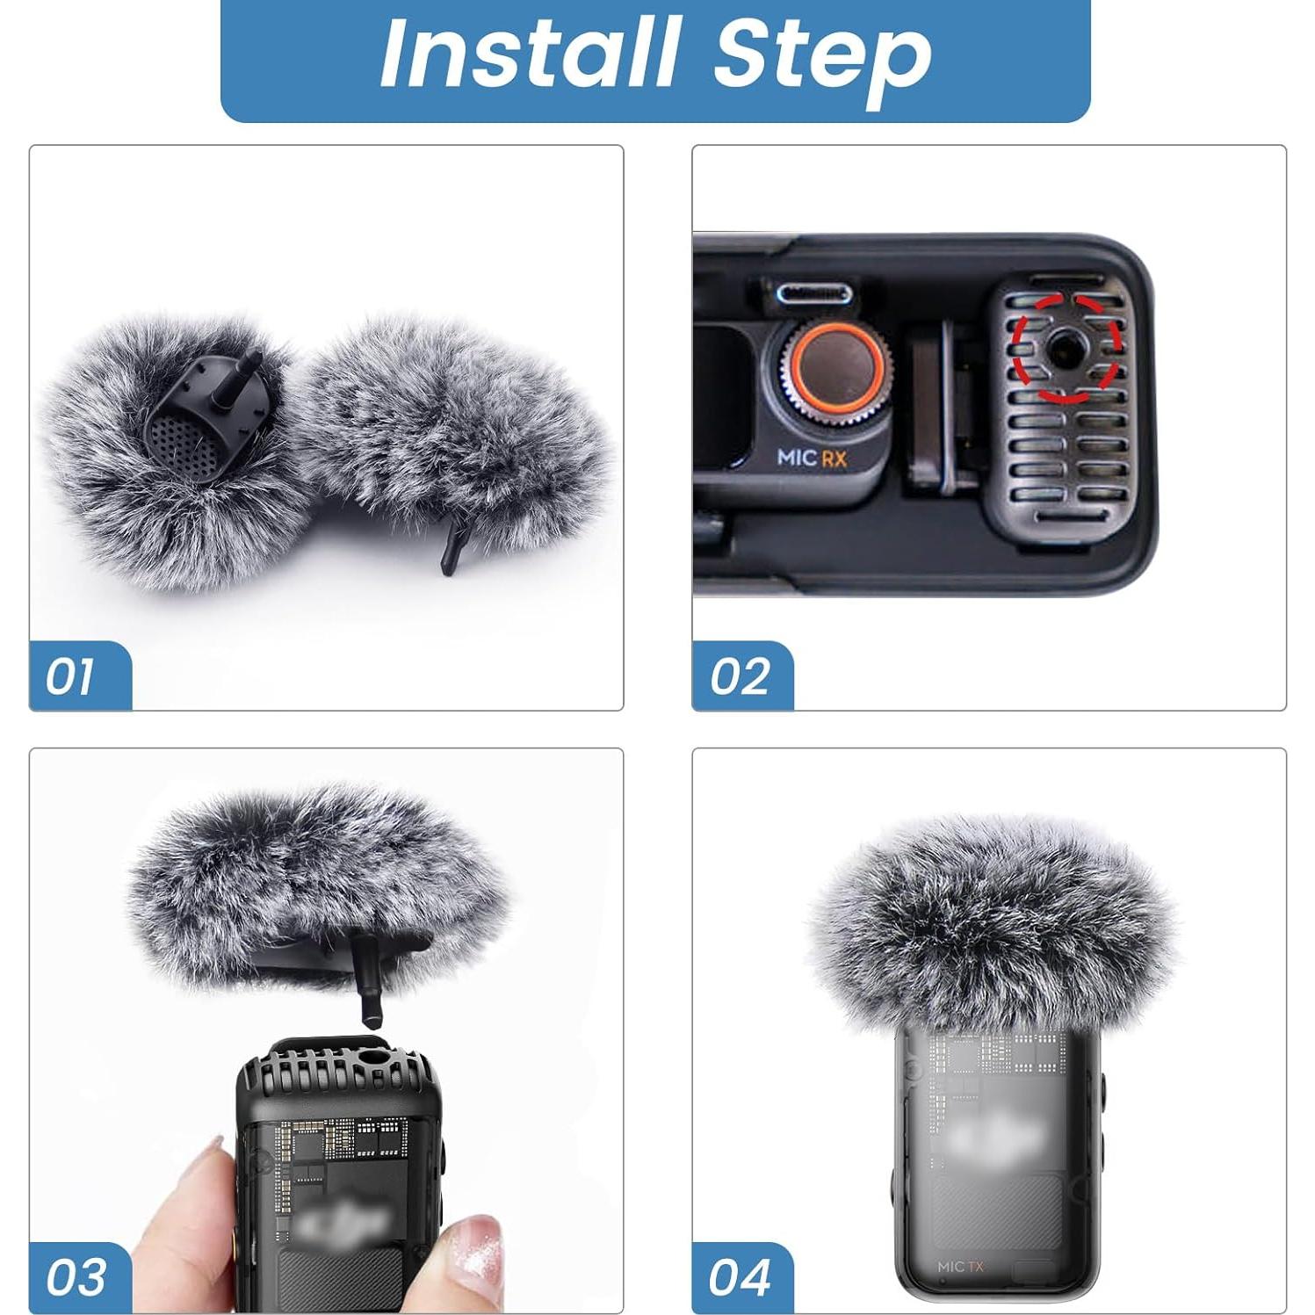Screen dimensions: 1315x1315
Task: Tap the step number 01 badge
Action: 73,676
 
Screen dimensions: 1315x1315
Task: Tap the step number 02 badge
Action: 741,676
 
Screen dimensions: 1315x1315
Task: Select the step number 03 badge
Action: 76,1277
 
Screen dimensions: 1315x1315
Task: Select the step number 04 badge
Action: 741,1277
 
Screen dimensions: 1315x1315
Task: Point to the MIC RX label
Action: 812,458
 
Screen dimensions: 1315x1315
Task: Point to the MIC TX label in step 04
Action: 960,1266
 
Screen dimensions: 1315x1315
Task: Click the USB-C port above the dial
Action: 813,293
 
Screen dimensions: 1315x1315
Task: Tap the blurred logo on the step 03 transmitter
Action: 343,1221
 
